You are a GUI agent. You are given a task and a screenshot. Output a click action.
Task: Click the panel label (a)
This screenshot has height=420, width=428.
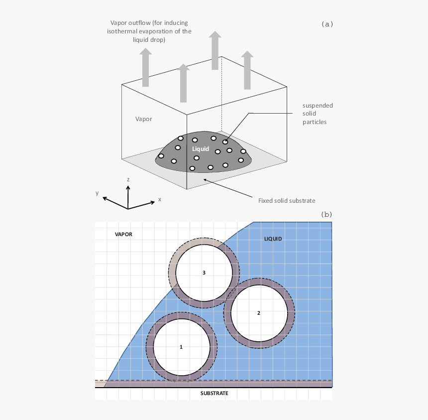click(x=327, y=23)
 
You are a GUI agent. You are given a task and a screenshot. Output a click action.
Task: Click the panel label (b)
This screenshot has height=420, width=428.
click(x=326, y=214)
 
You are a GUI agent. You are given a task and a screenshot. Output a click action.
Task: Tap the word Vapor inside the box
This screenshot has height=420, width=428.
click(x=144, y=119)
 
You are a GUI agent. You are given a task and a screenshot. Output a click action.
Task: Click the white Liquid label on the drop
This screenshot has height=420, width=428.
click(x=201, y=148)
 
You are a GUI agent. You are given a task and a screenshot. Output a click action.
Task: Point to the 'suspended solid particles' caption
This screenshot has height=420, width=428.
click(x=318, y=114)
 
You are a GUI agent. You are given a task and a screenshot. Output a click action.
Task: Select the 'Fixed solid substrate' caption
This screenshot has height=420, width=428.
click(x=287, y=200)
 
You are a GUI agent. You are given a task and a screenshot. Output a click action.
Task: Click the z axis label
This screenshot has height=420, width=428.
click(x=128, y=179)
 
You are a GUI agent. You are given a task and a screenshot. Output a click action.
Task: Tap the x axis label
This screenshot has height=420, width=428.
click(x=160, y=199)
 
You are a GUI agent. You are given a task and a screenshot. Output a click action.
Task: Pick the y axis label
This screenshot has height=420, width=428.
click(x=97, y=193)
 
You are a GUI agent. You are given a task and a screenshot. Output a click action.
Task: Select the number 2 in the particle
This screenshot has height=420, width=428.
click(x=259, y=313)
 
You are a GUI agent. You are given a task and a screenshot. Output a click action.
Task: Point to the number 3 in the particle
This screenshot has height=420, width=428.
click(x=204, y=273)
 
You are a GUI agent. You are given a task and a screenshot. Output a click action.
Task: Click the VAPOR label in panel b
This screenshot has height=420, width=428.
click(x=123, y=234)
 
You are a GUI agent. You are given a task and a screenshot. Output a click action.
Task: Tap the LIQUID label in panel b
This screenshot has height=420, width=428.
click(x=273, y=239)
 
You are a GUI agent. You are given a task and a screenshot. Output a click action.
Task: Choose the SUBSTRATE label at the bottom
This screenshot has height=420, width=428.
click(x=214, y=393)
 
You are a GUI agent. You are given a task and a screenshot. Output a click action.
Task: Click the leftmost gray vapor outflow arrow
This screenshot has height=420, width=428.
click(x=145, y=67)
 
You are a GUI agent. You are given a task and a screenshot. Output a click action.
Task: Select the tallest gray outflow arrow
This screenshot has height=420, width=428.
click(x=215, y=50)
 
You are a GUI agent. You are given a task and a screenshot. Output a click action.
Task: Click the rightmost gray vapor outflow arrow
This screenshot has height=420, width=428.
click(x=247, y=70)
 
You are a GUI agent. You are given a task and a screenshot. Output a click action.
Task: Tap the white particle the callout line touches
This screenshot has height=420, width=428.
click(x=225, y=142)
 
